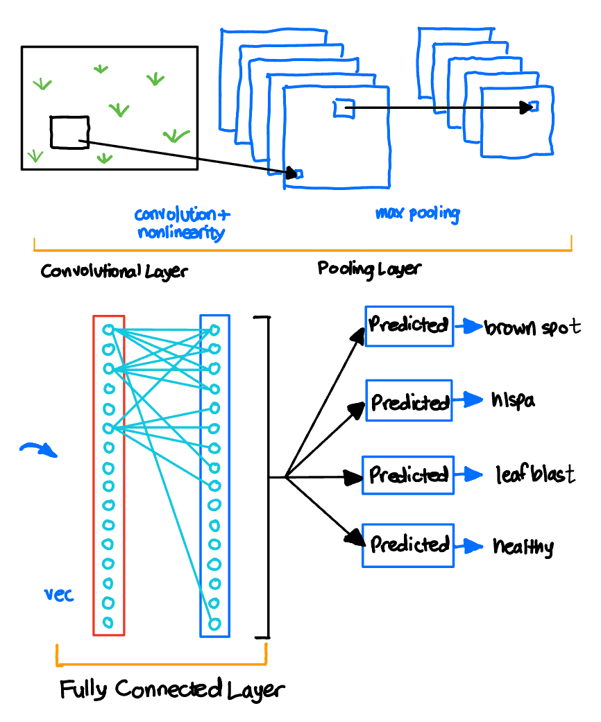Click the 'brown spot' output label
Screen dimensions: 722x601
532,327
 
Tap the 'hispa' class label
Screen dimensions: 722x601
513,401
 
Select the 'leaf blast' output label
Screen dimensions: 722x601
534,475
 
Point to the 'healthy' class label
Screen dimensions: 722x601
523,547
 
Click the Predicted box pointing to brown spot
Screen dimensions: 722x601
409,325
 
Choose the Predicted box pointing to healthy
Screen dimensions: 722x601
408,546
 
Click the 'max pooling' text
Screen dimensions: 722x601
417,213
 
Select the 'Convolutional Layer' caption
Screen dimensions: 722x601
114,270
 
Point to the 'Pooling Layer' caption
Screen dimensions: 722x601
369,268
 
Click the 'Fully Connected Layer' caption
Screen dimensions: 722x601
172,690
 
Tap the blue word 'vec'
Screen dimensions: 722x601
60,595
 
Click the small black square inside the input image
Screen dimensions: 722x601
69,132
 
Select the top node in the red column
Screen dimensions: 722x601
108,329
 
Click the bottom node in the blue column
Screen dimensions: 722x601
214,624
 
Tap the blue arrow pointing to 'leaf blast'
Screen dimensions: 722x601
473,475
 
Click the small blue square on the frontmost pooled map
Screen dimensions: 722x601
534,106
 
